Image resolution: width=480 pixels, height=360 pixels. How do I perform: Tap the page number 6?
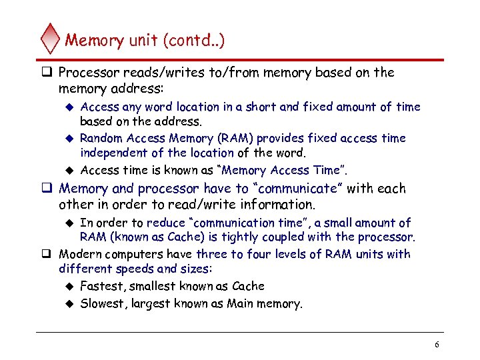(437, 345)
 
